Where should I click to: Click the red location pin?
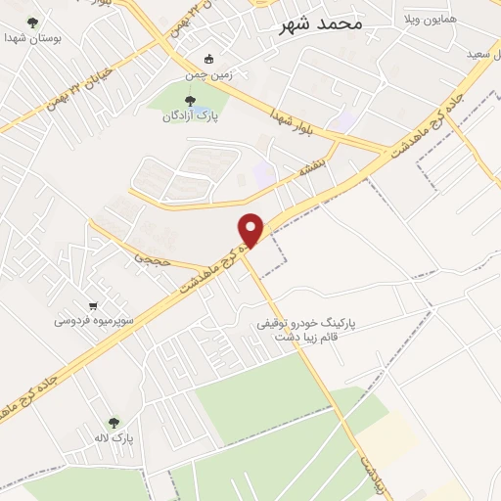pyautogui.click(x=251, y=229)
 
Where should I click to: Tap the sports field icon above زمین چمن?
pyautogui.click(x=207, y=58)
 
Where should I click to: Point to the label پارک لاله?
pyautogui.click(x=114, y=439)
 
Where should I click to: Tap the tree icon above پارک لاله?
pyautogui.click(x=114, y=424)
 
